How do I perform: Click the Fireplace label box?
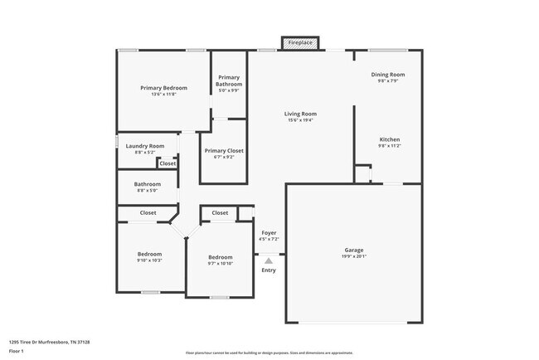point(300,42)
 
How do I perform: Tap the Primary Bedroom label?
point(163,88)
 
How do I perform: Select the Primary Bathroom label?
point(229,80)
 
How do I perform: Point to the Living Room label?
point(300,114)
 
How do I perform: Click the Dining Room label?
point(387,75)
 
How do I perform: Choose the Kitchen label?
point(390,139)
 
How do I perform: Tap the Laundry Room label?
point(145,146)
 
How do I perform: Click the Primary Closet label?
point(224,150)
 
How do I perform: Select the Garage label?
point(354,250)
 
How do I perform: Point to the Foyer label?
point(269,233)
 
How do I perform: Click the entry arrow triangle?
point(269,260)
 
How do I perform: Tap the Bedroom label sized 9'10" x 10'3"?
point(149,254)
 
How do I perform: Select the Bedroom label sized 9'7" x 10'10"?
point(220,257)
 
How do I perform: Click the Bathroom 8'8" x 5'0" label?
point(148,184)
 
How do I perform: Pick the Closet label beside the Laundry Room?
point(168,163)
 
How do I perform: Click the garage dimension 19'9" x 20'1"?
point(354,256)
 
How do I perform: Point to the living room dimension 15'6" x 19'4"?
point(300,120)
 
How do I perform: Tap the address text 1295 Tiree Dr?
point(49,342)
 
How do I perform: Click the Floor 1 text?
point(17,351)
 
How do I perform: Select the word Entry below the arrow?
point(269,270)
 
